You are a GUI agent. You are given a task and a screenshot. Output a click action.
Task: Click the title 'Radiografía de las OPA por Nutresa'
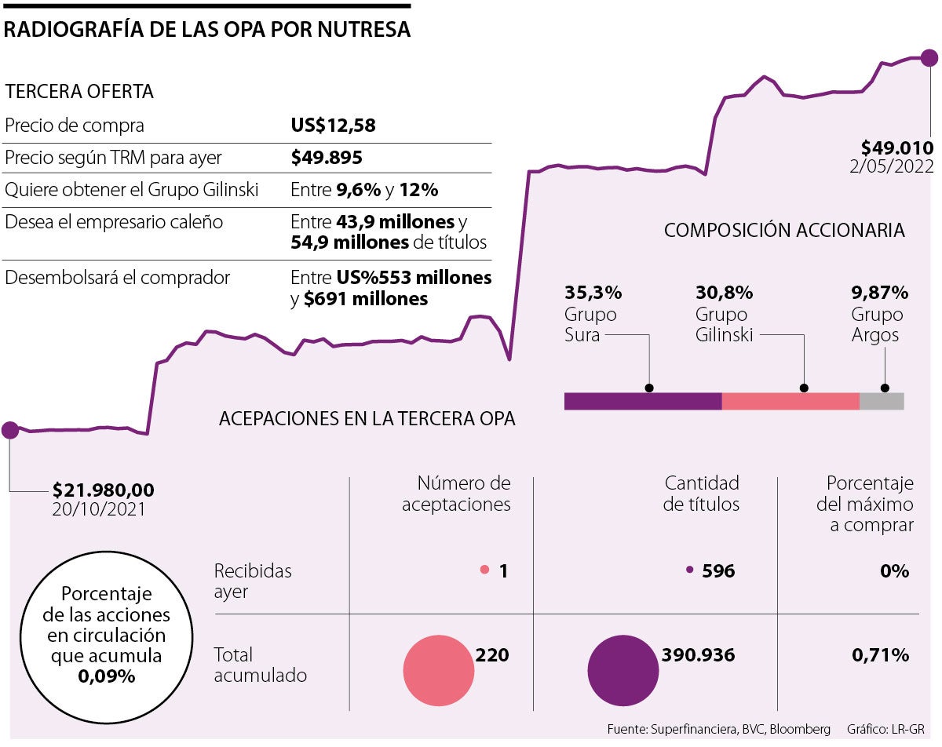tap(207, 30)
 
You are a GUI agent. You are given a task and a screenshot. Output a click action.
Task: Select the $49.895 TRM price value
tap(327, 158)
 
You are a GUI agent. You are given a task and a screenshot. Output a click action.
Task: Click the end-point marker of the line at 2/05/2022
tap(929, 57)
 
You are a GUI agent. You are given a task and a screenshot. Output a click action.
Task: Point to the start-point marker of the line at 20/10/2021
tap(10, 429)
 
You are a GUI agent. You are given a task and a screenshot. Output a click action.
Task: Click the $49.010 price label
tap(896, 148)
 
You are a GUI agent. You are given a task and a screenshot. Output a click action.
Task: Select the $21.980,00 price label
tap(104, 490)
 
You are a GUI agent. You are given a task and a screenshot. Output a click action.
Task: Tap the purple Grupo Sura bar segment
tap(642, 401)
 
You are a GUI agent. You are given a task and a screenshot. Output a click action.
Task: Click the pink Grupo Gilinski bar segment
tap(790, 401)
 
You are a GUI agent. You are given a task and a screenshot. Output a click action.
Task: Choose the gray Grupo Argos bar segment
tap(882, 401)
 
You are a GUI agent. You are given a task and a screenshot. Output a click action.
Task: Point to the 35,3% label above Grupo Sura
tap(593, 293)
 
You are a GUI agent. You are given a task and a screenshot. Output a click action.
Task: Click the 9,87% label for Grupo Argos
tap(879, 293)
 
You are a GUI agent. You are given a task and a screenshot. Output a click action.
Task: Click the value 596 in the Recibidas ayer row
tap(718, 571)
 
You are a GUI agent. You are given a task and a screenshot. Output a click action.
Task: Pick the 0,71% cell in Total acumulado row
tap(880, 654)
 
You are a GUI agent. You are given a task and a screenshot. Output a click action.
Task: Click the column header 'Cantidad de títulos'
tap(701, 494)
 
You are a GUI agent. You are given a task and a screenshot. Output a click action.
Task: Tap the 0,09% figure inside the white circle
tap(106, 676)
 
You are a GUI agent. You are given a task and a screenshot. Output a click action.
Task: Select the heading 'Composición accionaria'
tap(783, 231)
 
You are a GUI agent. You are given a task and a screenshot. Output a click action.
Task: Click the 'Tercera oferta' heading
tap(79, 91)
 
